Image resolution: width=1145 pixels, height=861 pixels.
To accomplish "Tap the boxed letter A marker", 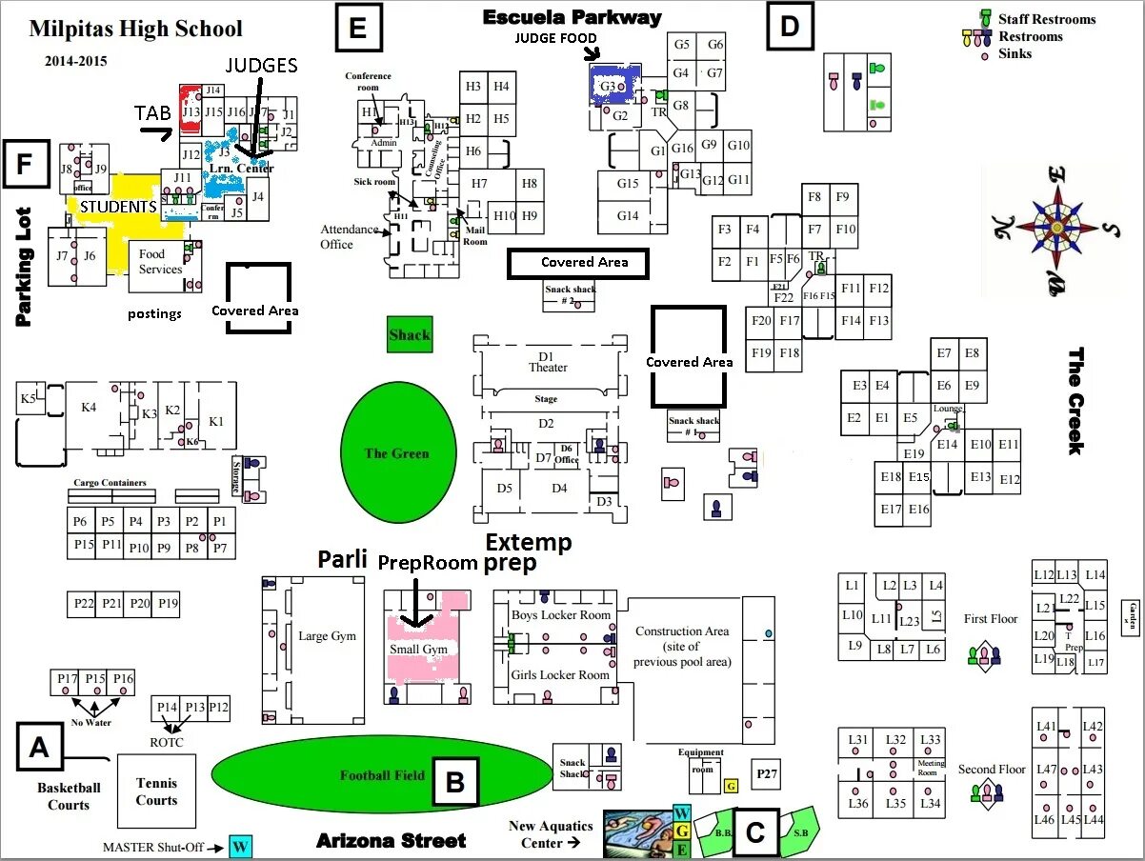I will coord(39,748).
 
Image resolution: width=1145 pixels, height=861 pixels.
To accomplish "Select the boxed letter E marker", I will coord(358,28).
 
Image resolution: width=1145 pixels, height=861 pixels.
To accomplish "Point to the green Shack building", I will coord(410,334).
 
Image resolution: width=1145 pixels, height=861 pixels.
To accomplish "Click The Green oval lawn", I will coord(397,453).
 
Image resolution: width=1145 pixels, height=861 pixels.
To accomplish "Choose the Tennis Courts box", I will coord(156,791).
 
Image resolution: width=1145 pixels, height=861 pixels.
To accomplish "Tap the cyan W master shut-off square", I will coord(241,846).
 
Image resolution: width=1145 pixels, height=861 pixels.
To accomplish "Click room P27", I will coord(767,773).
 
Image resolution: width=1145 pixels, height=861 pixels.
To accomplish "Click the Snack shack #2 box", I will coord(571,296).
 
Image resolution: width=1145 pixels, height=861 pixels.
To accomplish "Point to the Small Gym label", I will coord(418,650).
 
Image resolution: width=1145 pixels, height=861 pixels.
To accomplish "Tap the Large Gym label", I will coord(327,636).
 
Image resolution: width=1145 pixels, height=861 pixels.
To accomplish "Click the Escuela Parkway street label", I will coord(572,17).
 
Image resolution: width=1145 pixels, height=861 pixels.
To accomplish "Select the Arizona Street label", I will coord(392,840).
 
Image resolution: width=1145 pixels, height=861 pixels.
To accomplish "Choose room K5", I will coord(30,399).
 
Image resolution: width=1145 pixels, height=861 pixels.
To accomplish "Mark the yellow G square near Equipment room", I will coord(731,786).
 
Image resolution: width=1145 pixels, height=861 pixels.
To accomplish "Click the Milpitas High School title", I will coord(135,29).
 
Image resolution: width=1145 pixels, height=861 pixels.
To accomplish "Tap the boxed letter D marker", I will coord(790,26).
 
